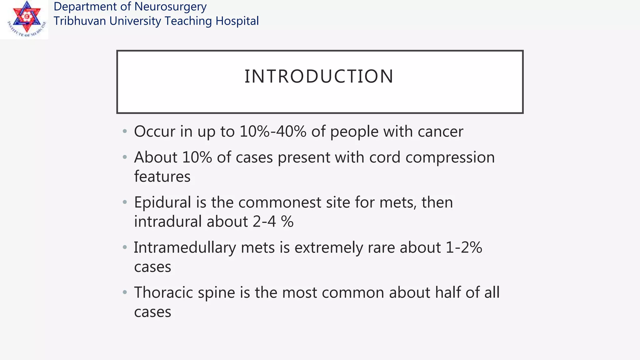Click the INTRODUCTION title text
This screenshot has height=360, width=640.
tap(319, 76)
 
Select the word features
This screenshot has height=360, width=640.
tap(162, 177)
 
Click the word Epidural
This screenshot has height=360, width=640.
tap(162, 202)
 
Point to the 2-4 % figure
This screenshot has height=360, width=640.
tap(273, 222)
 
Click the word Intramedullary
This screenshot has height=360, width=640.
tap(185, 247)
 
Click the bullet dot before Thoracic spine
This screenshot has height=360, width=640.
tap(125, 292)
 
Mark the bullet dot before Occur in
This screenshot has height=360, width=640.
tap(125, 131)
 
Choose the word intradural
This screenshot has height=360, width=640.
tap(168, 222)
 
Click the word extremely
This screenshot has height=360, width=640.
tap(328, 247)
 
